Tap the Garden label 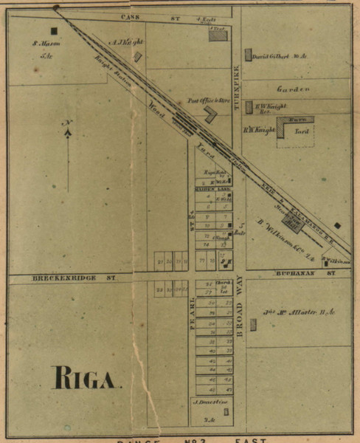290,89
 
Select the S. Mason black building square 54,31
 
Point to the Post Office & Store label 206,100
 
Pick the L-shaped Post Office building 211,114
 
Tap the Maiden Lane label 205,189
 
